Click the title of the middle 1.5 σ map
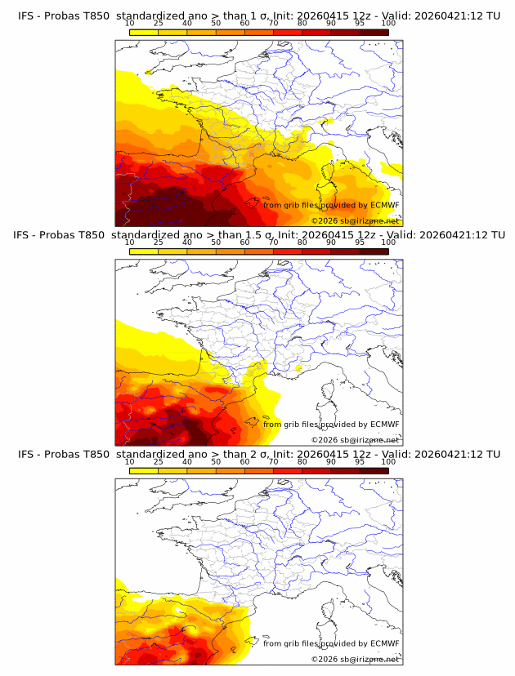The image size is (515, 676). (258, 235)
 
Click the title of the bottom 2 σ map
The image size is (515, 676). (258, 454)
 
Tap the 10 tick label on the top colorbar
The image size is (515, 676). (130, 24)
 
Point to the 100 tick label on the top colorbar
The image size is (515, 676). (388, 24)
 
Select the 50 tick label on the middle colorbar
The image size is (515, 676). (216, 242)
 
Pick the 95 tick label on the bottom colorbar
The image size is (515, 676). (360, 461)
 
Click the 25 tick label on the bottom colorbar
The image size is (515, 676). (159, 461)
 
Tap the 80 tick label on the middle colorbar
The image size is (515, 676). (302, 242)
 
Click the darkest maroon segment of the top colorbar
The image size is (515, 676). (374, 32)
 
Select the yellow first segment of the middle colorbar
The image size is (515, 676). (144, 251)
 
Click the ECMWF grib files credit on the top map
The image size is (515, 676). (331, 205)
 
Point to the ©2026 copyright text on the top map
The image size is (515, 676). (355, 220)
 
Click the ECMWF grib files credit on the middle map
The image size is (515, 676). (331, 424)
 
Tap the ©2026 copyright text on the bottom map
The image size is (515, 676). (355, 659)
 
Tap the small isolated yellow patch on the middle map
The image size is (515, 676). (299, 368)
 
